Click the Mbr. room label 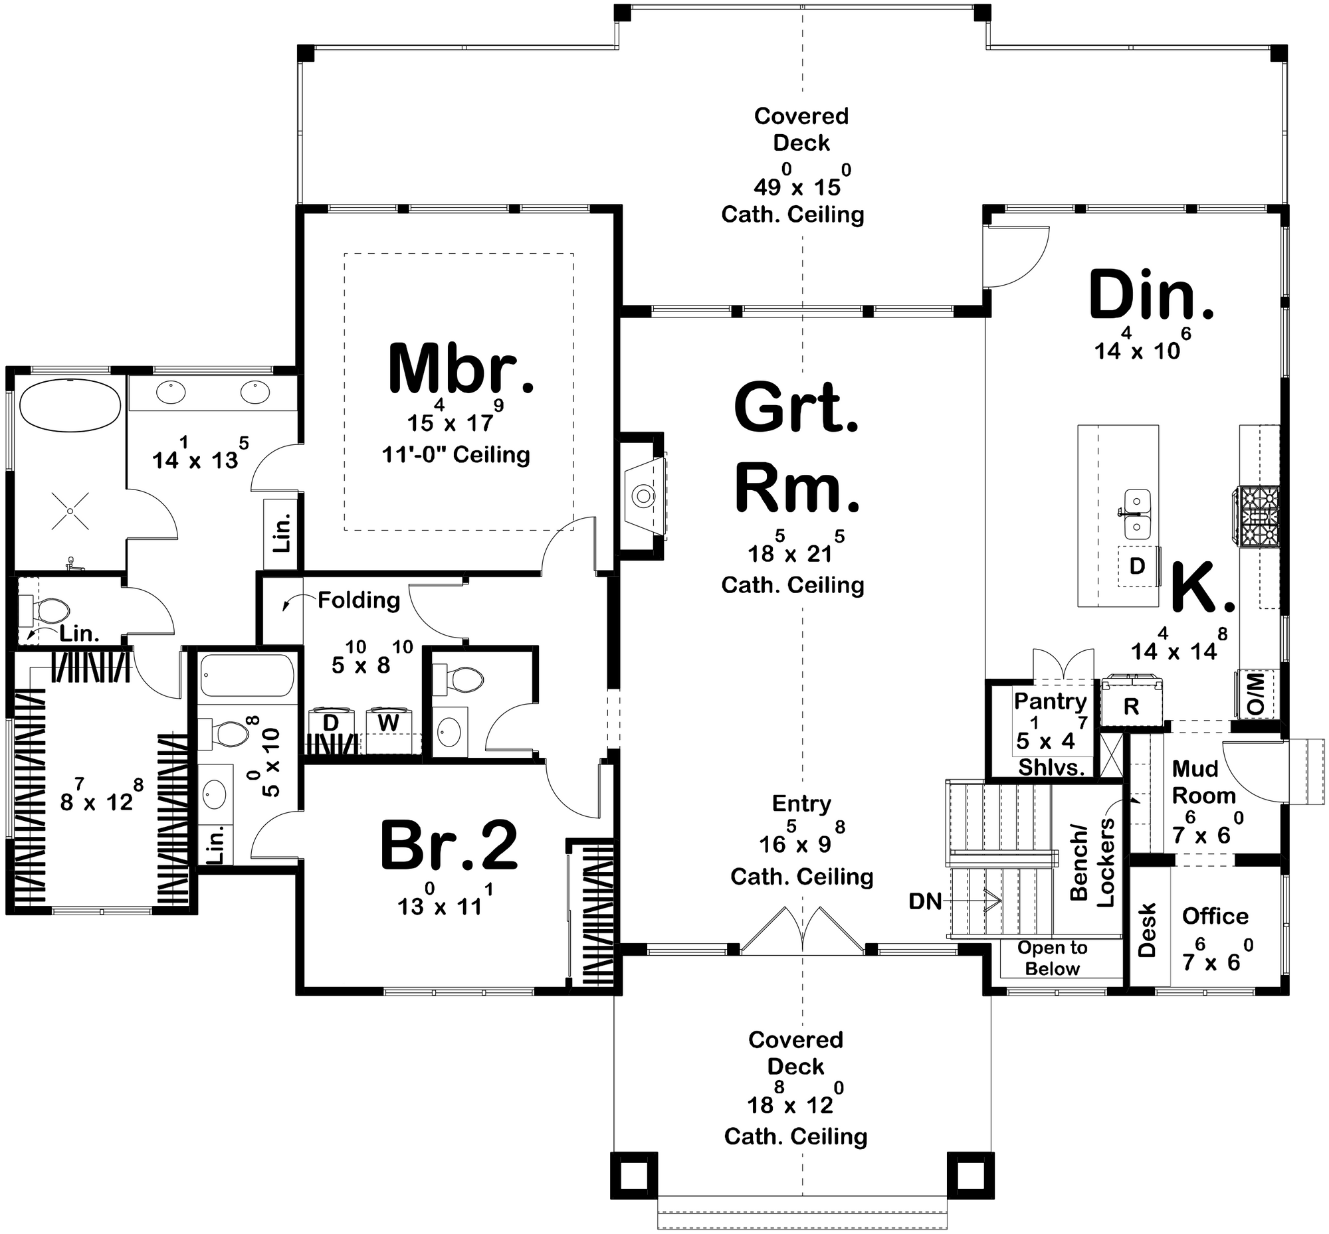[460, 369]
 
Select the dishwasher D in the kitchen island [1137, 567]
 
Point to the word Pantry [1051, 701]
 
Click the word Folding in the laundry [359, 600]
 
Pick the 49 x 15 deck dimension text [802, 187]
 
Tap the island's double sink [1136, 514]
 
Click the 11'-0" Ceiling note [456, 455]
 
